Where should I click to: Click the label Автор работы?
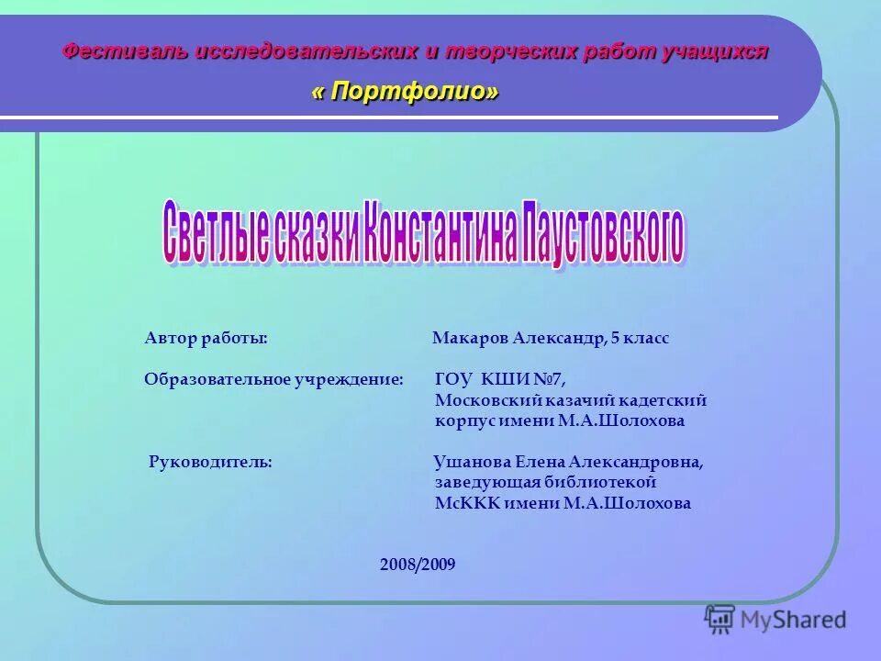click(206, 338)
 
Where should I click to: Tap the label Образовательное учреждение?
click(273, 378)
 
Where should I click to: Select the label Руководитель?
click(210, 462)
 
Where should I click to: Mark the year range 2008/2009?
click(418, 564)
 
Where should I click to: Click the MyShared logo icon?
click(719, 619)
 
